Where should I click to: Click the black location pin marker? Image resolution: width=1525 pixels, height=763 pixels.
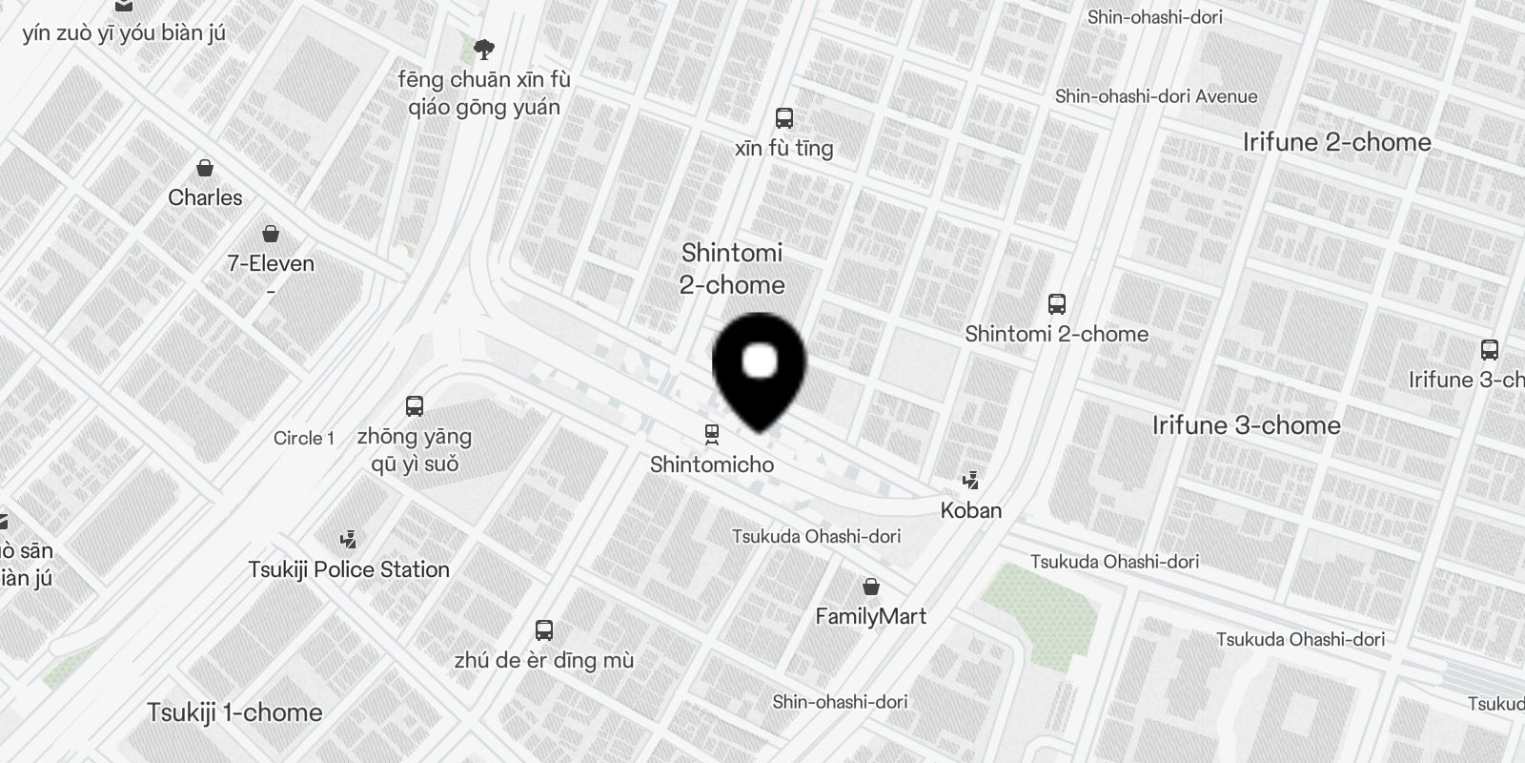coord(759,367)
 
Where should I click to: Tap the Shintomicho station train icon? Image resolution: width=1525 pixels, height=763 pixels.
coord(712,435)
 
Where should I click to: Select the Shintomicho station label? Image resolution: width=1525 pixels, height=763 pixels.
coord(712,464)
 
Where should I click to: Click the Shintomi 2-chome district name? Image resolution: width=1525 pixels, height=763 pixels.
coord(732,269)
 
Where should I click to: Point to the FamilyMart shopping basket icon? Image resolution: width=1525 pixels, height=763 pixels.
coord(871,587)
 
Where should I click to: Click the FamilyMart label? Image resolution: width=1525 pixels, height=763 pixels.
coord(871,616)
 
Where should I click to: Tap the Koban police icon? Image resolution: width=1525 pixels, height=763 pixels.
coord(971,480)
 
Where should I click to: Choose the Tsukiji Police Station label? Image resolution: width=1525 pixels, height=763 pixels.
coord(349,569)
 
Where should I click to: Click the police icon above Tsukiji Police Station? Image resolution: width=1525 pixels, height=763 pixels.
coord(349,540)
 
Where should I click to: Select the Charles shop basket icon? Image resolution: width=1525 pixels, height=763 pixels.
coord(205,169)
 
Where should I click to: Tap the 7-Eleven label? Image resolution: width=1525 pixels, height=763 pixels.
coord(271,263)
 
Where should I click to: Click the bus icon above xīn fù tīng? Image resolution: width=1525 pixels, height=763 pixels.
coord(784,118)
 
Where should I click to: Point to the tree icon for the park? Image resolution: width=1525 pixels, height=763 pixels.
coord(484,49)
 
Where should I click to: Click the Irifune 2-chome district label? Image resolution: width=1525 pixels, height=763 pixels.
coord(1336,142)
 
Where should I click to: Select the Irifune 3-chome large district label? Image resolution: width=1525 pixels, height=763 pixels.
coord(1246,425)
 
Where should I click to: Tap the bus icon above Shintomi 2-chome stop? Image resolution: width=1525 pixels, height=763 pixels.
coord(1057,304)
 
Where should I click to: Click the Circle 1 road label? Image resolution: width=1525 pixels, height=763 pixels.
coord(304,438)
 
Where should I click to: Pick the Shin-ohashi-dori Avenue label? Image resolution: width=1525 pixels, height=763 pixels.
coord(1156,96)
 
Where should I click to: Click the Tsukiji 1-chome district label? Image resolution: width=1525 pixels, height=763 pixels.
coord(234,712)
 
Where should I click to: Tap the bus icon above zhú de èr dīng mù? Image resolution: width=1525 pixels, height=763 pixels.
coord(544,630)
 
